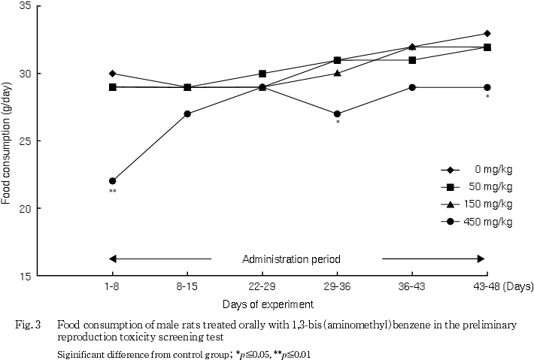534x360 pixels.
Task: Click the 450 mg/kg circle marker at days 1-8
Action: tap(113, 181)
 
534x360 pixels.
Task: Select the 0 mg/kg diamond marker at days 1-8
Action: tap(113, 74)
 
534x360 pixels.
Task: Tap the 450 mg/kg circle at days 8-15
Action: tap(187, 114)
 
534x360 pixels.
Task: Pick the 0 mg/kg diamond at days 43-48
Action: tap(487, 33)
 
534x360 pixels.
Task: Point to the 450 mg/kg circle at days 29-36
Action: tap(337, 114)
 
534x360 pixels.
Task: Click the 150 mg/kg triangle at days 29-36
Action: tap(337, 74)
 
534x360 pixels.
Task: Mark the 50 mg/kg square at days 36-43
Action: tap(412, 60)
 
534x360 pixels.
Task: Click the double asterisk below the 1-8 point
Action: tap(113, 192)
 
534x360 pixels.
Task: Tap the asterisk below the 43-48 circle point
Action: tap(487, 98)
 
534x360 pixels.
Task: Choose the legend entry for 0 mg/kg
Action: tap(477, 168)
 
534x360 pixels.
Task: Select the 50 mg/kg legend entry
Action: tap(477, 186)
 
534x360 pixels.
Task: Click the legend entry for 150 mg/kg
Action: tap(477, 204)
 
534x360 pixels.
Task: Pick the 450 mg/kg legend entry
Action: tap(477, 221)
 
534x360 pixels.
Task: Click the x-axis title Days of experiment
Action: tap(262, 304)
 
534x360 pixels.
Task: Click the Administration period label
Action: tap(296, 259)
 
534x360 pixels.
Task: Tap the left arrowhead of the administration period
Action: tap(113, 259)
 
